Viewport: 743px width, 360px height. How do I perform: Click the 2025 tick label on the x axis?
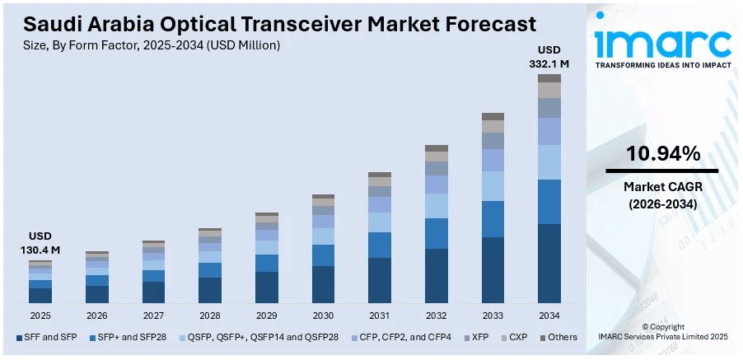coord(40,316)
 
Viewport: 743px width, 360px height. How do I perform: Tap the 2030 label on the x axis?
coord(323,316)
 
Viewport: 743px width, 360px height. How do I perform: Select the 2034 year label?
coord(549,316)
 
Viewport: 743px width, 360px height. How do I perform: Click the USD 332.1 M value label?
coord(549,56)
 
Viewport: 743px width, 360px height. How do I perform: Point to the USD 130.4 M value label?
coord(40,243)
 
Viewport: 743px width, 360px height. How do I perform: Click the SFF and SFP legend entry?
coord(49,337)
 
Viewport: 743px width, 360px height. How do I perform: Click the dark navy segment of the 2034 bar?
coord(549,264)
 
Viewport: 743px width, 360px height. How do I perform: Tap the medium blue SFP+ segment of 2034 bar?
coord(549,202)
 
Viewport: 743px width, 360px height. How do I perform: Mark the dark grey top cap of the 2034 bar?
coord(549,78)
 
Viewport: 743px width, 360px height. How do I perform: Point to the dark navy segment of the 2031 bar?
coord(380,280)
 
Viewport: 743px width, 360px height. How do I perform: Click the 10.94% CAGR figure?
coord(663,153)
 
